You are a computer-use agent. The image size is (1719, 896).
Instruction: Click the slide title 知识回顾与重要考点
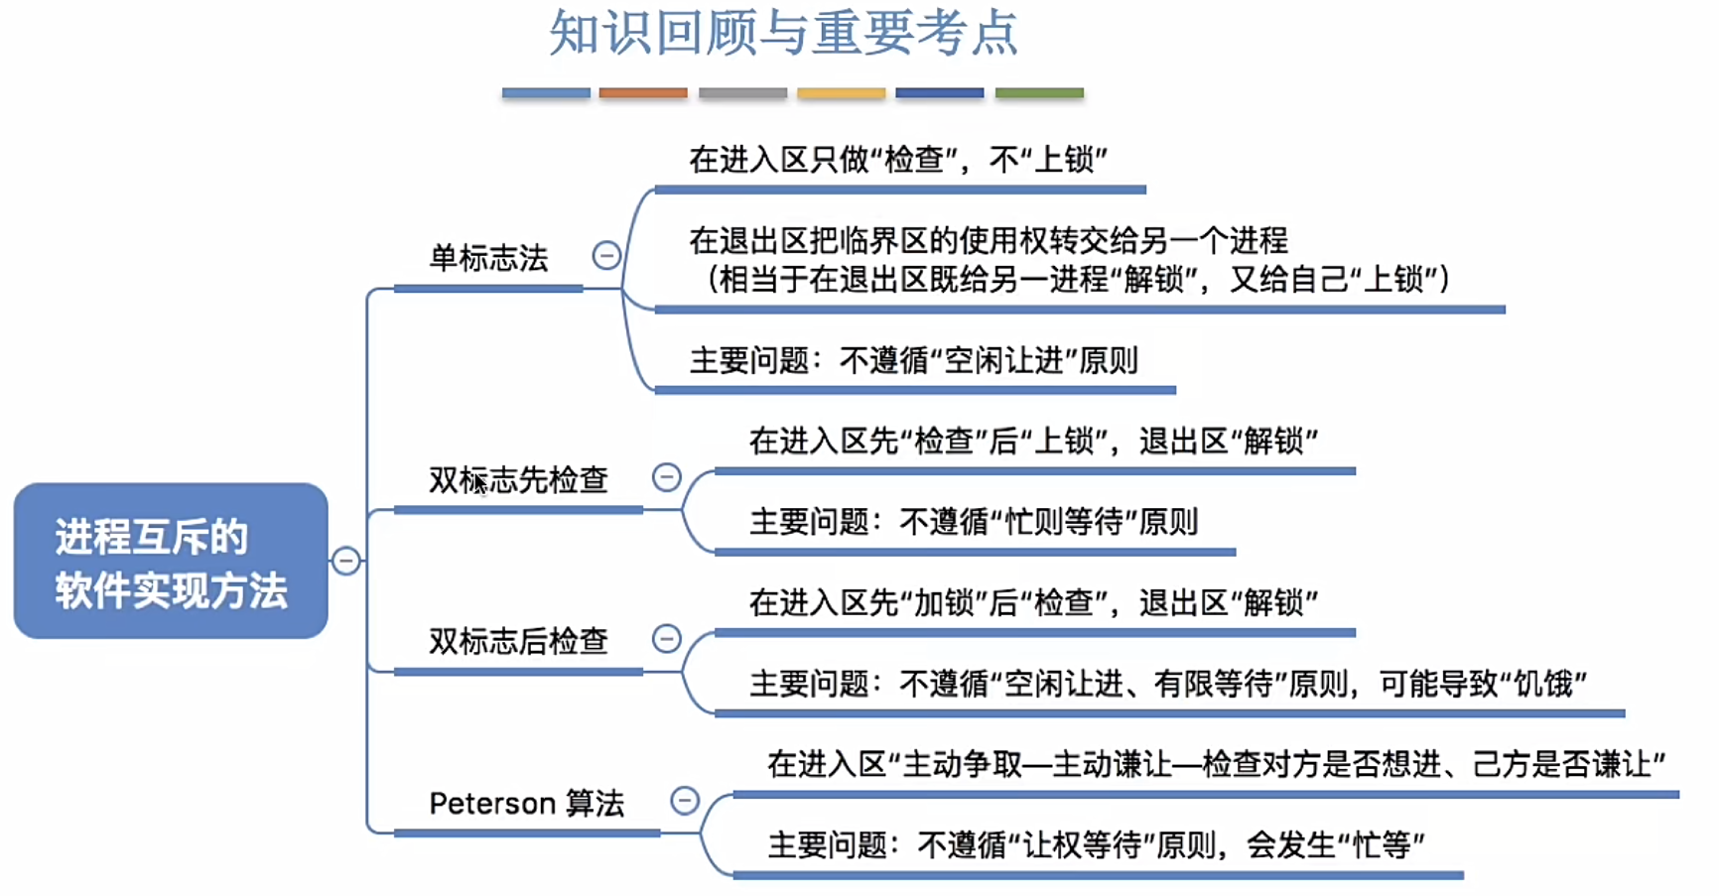pyautogui.click(x=783, y=34)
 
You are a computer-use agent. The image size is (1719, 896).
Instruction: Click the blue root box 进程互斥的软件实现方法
pyautogui.click(x=171, y=561)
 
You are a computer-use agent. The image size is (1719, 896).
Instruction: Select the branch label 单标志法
pyautogui.click(x=488, y=259)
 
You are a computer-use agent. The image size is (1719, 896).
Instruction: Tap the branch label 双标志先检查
pyautogui.click(x=518, y=480)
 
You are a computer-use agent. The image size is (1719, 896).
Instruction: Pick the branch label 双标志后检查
pyautogui.click(x=518, y=642)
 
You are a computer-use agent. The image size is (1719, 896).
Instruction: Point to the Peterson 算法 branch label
pyautogui.click(x=526, y=803)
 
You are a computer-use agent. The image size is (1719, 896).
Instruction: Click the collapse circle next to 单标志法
pyautogui.click(x=606, y=256)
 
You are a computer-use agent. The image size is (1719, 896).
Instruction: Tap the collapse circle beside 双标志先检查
pyautogui.click(x=667, y=477)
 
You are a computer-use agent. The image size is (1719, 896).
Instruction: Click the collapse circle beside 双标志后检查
pyautogui.click(x=667, y=638)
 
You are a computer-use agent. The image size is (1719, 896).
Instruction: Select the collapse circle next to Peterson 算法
pyautogui.click(x=685, y=800)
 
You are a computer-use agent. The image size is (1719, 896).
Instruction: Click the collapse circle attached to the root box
pyautogui.click(x=345, y=561)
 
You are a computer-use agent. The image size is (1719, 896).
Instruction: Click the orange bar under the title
pyautogui.click(x=643, y=93)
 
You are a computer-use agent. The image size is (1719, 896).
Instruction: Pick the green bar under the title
pyautogui.click(x=1039, y=93)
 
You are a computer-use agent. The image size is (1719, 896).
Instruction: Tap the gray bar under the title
pyautogui.click(x=742, y=93)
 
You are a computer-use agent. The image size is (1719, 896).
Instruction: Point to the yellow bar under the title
pyautogui.click(x=841, y=93)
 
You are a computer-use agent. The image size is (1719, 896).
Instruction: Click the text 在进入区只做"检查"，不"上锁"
pyautogui.click(x=898, y=160)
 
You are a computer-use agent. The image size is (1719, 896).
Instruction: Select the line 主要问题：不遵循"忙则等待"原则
pyautogui.click(x=974, y=522)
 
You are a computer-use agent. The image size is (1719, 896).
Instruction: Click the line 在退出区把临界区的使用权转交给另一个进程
pyautogui.click(x=989, y=240)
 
